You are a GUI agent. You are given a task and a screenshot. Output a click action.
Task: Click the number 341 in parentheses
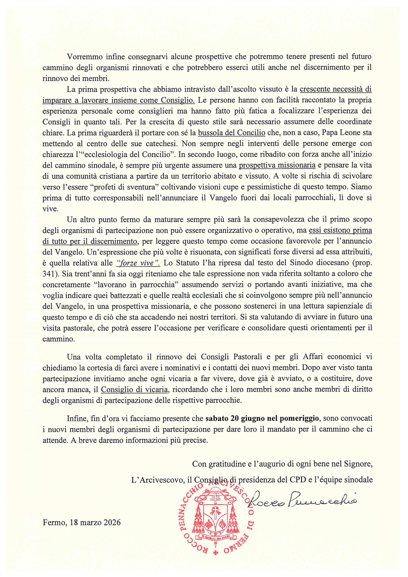click(49, 274)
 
